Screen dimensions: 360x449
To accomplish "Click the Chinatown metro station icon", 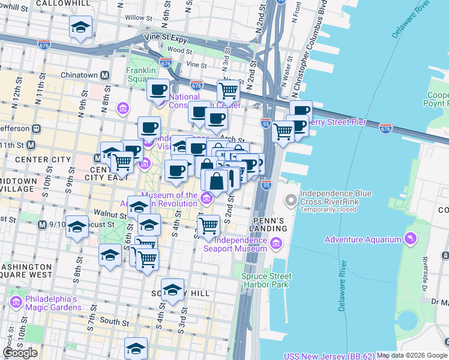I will [x=104, y=75].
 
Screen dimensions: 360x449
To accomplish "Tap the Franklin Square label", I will [x=140, y=74].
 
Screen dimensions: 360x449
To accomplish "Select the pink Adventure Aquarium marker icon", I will [x=411, y=239].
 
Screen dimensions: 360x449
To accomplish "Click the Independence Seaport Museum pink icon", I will [x=276, y=243].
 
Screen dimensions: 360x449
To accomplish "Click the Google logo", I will [x=20, y=353].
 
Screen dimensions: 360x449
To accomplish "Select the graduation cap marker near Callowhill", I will [x=80, y=28].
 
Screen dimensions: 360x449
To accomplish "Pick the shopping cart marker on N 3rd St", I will [x=228, y=91].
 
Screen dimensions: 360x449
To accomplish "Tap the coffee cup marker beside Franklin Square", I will [x=158, y=90].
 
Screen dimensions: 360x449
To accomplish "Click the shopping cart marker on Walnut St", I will [x=208, y=226].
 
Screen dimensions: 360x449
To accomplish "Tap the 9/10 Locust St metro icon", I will [x=41, y=224].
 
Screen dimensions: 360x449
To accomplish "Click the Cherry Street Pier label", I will [x=336, y=122].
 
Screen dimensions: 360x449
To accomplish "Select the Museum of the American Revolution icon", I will [x=206, y=197].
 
